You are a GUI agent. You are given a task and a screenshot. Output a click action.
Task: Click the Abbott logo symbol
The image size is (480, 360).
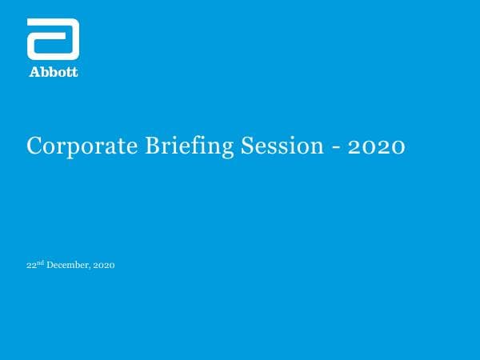[53, 38]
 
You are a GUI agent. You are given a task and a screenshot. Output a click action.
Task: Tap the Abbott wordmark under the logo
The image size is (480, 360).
[54, 72]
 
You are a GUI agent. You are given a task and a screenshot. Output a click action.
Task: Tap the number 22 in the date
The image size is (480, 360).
[30, 266]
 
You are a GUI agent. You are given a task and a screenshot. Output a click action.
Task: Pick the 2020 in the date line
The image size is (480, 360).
[105, 266]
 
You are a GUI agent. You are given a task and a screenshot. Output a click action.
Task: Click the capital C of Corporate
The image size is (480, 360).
[34, 146]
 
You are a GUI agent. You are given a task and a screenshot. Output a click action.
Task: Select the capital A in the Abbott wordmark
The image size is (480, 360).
[34, 72]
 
